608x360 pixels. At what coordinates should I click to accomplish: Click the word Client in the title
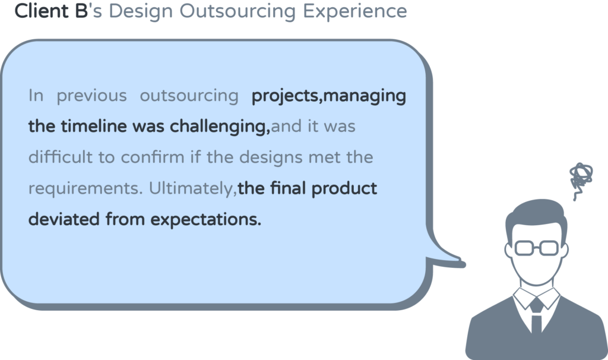(x=41, y=11)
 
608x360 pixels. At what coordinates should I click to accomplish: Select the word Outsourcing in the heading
(x=237, y=11)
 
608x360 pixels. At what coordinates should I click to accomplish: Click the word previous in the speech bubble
(x=92, y=96)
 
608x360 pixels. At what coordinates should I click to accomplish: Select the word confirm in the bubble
(x=153, y=157)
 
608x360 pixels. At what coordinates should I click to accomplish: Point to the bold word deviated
(x=64, y=219)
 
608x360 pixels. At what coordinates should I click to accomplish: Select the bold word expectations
(x=205, y=220)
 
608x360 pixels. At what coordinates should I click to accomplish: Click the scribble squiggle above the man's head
(x=581, y=179)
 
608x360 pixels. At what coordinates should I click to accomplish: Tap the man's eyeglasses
(x=536, y=248)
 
